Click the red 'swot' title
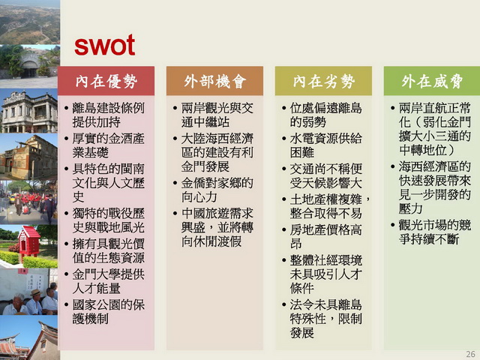[105, 45]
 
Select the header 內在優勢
[106, 82]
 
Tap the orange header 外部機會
[215, 82]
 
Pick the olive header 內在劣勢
[323, 82]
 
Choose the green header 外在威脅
[432, 82]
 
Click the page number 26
[470, 354]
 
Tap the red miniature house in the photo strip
[28, 243]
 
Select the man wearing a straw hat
[34, 301]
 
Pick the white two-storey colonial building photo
[29, 112]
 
